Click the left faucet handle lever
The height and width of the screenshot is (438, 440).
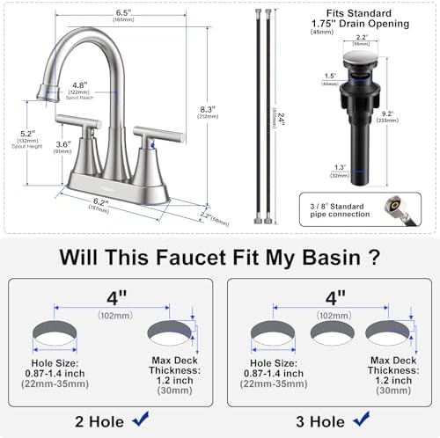[74, 120]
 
